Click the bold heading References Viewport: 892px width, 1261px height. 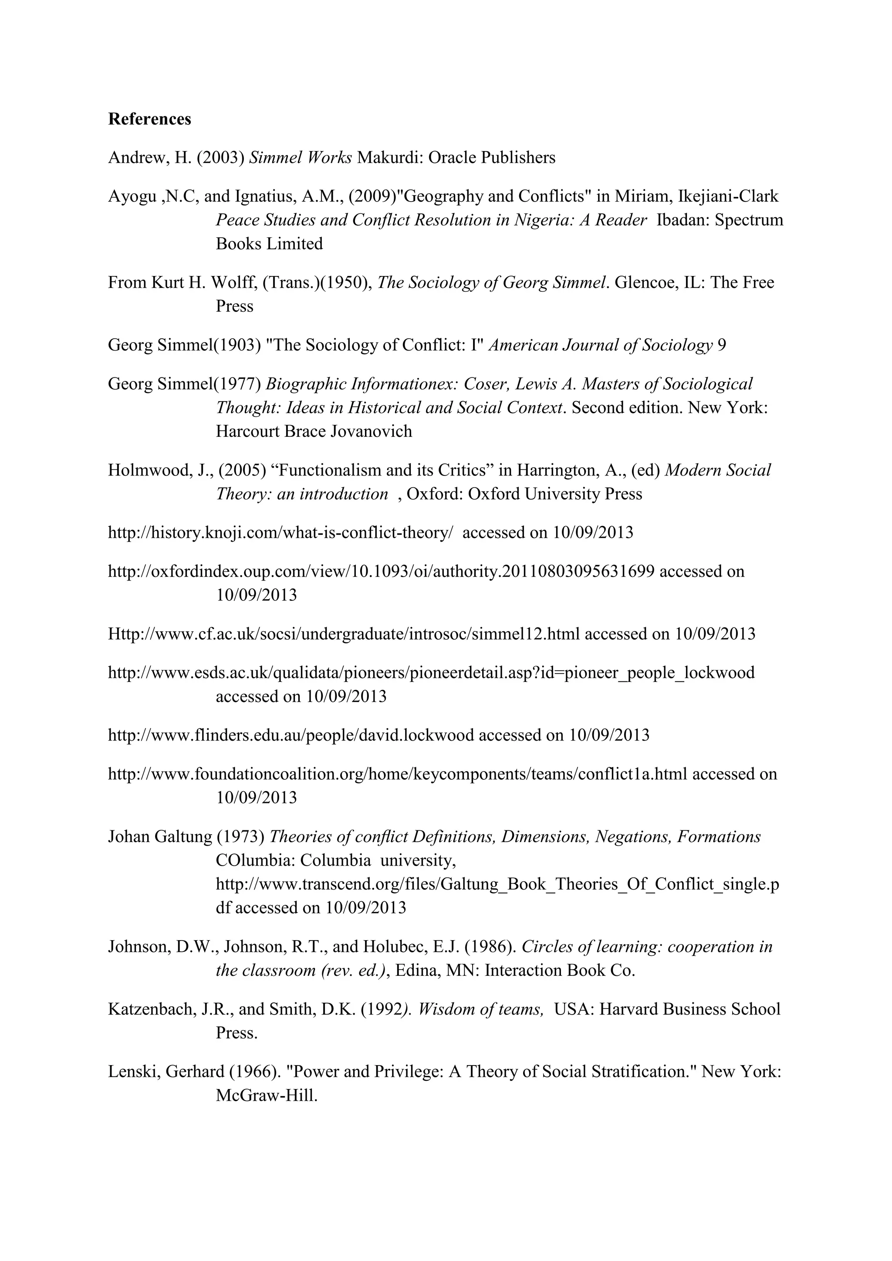coord(149,119)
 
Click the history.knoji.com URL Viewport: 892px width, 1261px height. coord(280,533)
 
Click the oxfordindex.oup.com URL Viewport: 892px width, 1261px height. coord(381,572)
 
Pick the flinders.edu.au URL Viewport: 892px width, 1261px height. coord(291,735)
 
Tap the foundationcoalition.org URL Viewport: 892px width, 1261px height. coord(398,774)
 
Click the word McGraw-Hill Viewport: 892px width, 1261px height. coord(267,1096)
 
